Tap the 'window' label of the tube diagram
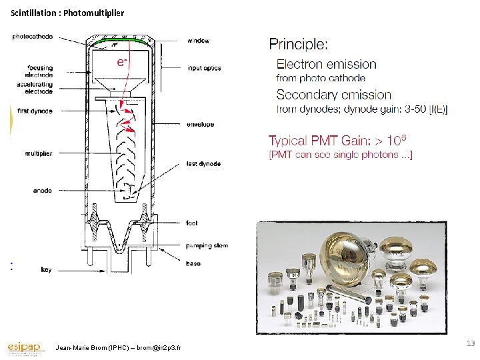[x=198, y=41]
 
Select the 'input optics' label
[x=204, y=68]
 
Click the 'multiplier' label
[x=39, y=153]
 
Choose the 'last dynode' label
[x=204, y=163]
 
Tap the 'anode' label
[x=43, y=191]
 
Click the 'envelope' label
[x=201, y=125]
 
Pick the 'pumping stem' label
[x=207, y=246]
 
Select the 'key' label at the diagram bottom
[x=46, y=270]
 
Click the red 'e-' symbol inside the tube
[x=122, y=62]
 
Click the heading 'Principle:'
[x=298, y=44]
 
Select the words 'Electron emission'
[x=326, y=65]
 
